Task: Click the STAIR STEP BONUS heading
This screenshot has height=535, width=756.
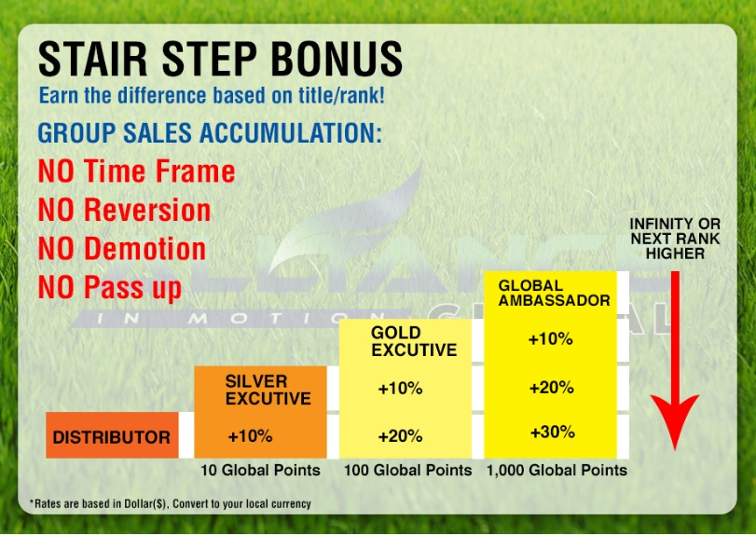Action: (x=220, y=59)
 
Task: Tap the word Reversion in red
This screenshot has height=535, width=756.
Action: (x=147, y=210)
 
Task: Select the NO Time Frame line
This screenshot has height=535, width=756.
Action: (x=136, y=171)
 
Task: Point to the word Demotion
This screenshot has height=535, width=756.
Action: (x=145, y=249)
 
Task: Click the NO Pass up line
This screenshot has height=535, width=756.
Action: (x=110, y=288)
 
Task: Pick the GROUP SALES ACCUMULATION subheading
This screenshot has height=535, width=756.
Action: (x=210, y=132)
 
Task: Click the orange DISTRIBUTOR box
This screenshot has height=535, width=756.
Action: (x=113, y=434)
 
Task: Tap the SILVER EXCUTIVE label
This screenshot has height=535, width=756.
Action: (x=268, y=390)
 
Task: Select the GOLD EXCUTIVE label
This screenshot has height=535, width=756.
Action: (x=414, y=341)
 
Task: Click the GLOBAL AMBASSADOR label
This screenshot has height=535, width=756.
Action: (x=554, y=293)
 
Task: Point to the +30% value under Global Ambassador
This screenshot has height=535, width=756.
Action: (x=553, y=432)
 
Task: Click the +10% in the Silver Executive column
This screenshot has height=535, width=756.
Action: (x=250, y=436)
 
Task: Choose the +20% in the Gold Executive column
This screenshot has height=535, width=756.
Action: (x=400, y=436)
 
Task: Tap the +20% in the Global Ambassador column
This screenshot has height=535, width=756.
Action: (x=552, y=388)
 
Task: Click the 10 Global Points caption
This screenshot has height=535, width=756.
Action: (x=260, y=470)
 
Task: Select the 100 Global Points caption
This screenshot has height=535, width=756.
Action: (x=408, y=470)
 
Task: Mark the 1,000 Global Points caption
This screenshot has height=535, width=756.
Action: (x=557, y=470)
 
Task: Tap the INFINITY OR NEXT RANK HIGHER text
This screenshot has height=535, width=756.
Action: (x=675, y=239)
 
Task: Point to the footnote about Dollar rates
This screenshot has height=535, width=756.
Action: (x=171, y=503)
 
